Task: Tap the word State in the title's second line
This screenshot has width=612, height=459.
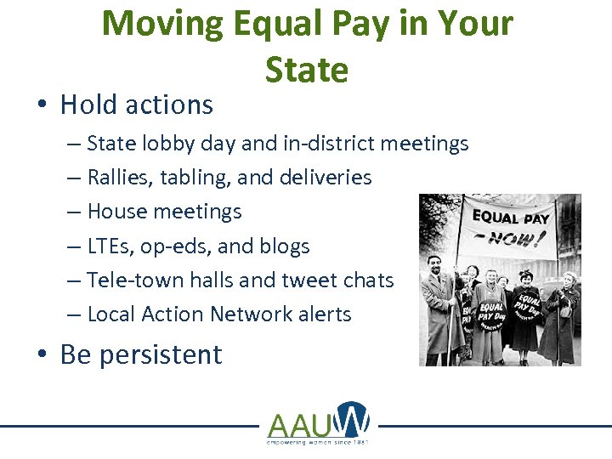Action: click(307, 70)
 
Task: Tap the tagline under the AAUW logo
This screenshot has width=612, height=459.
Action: click(318, 442)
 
